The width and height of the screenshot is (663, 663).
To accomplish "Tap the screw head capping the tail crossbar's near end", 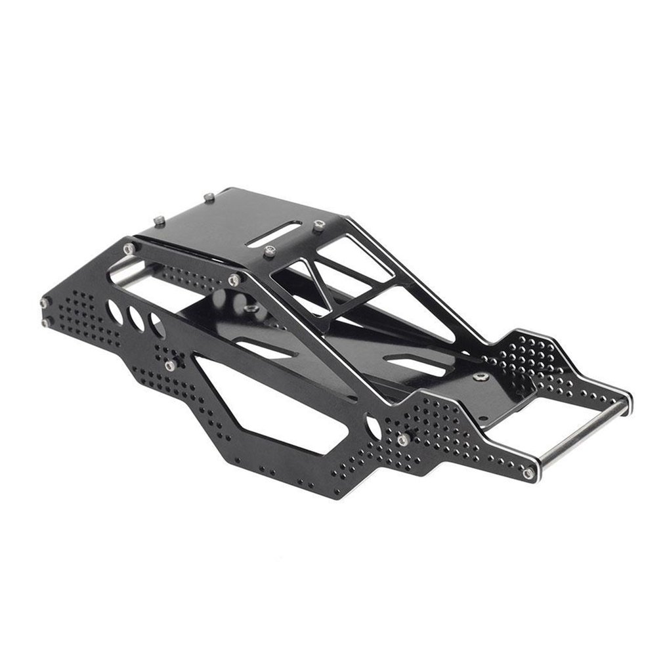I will tap(528, 473).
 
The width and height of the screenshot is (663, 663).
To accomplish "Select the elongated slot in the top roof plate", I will tap(274, 234).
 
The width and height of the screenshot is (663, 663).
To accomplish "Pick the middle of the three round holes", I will tap(137, 318).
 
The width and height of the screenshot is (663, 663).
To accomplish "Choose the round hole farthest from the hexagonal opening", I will tap(116, 311).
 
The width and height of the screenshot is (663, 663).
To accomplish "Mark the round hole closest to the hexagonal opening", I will tap(157, 325).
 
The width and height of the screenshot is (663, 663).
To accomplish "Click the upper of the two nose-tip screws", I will tap(44, 303).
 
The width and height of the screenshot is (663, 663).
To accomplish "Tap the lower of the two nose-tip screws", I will tap(45, 322).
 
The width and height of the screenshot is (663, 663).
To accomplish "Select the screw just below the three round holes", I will tap(169, 366).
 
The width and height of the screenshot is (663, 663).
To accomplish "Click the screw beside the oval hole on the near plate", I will tap(403, 438).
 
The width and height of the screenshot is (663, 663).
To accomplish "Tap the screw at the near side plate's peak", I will tap(234, 280).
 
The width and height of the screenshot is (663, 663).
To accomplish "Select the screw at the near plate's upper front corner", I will tap(129, 247).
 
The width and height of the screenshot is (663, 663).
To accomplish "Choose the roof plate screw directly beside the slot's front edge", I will tap(268, 250).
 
